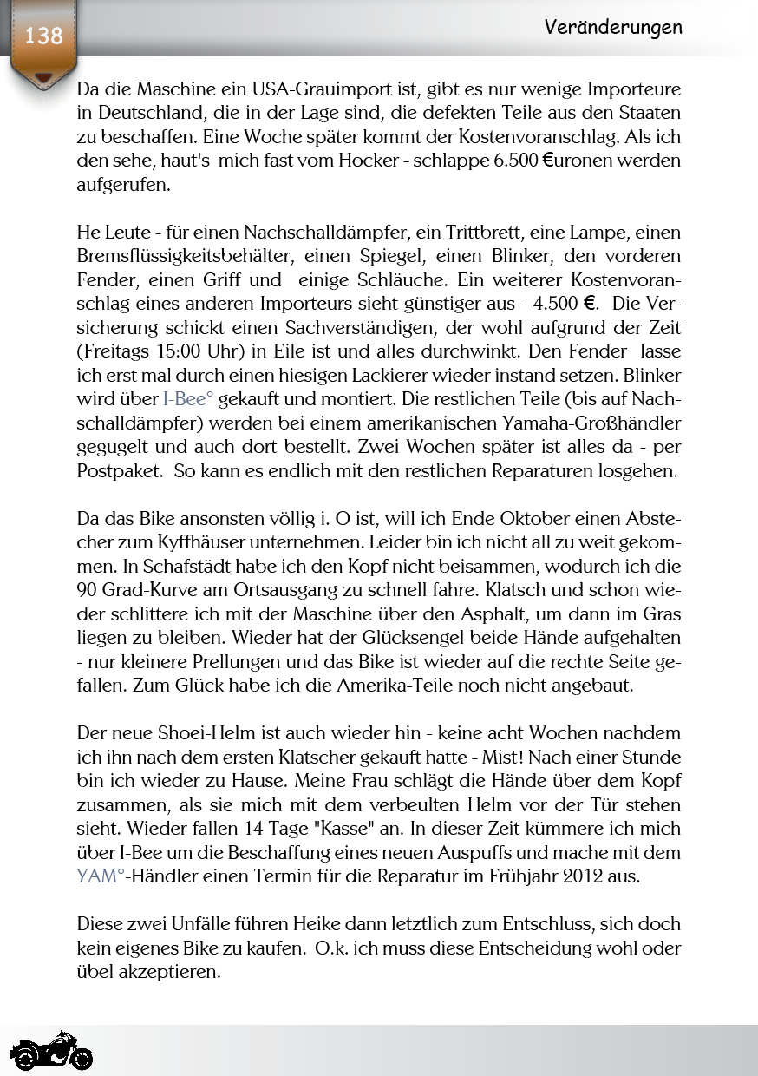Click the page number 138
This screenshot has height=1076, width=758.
click(43, 36)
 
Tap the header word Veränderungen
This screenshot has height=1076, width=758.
click(613, 28)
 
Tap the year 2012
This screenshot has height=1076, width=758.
click(586, 876)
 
